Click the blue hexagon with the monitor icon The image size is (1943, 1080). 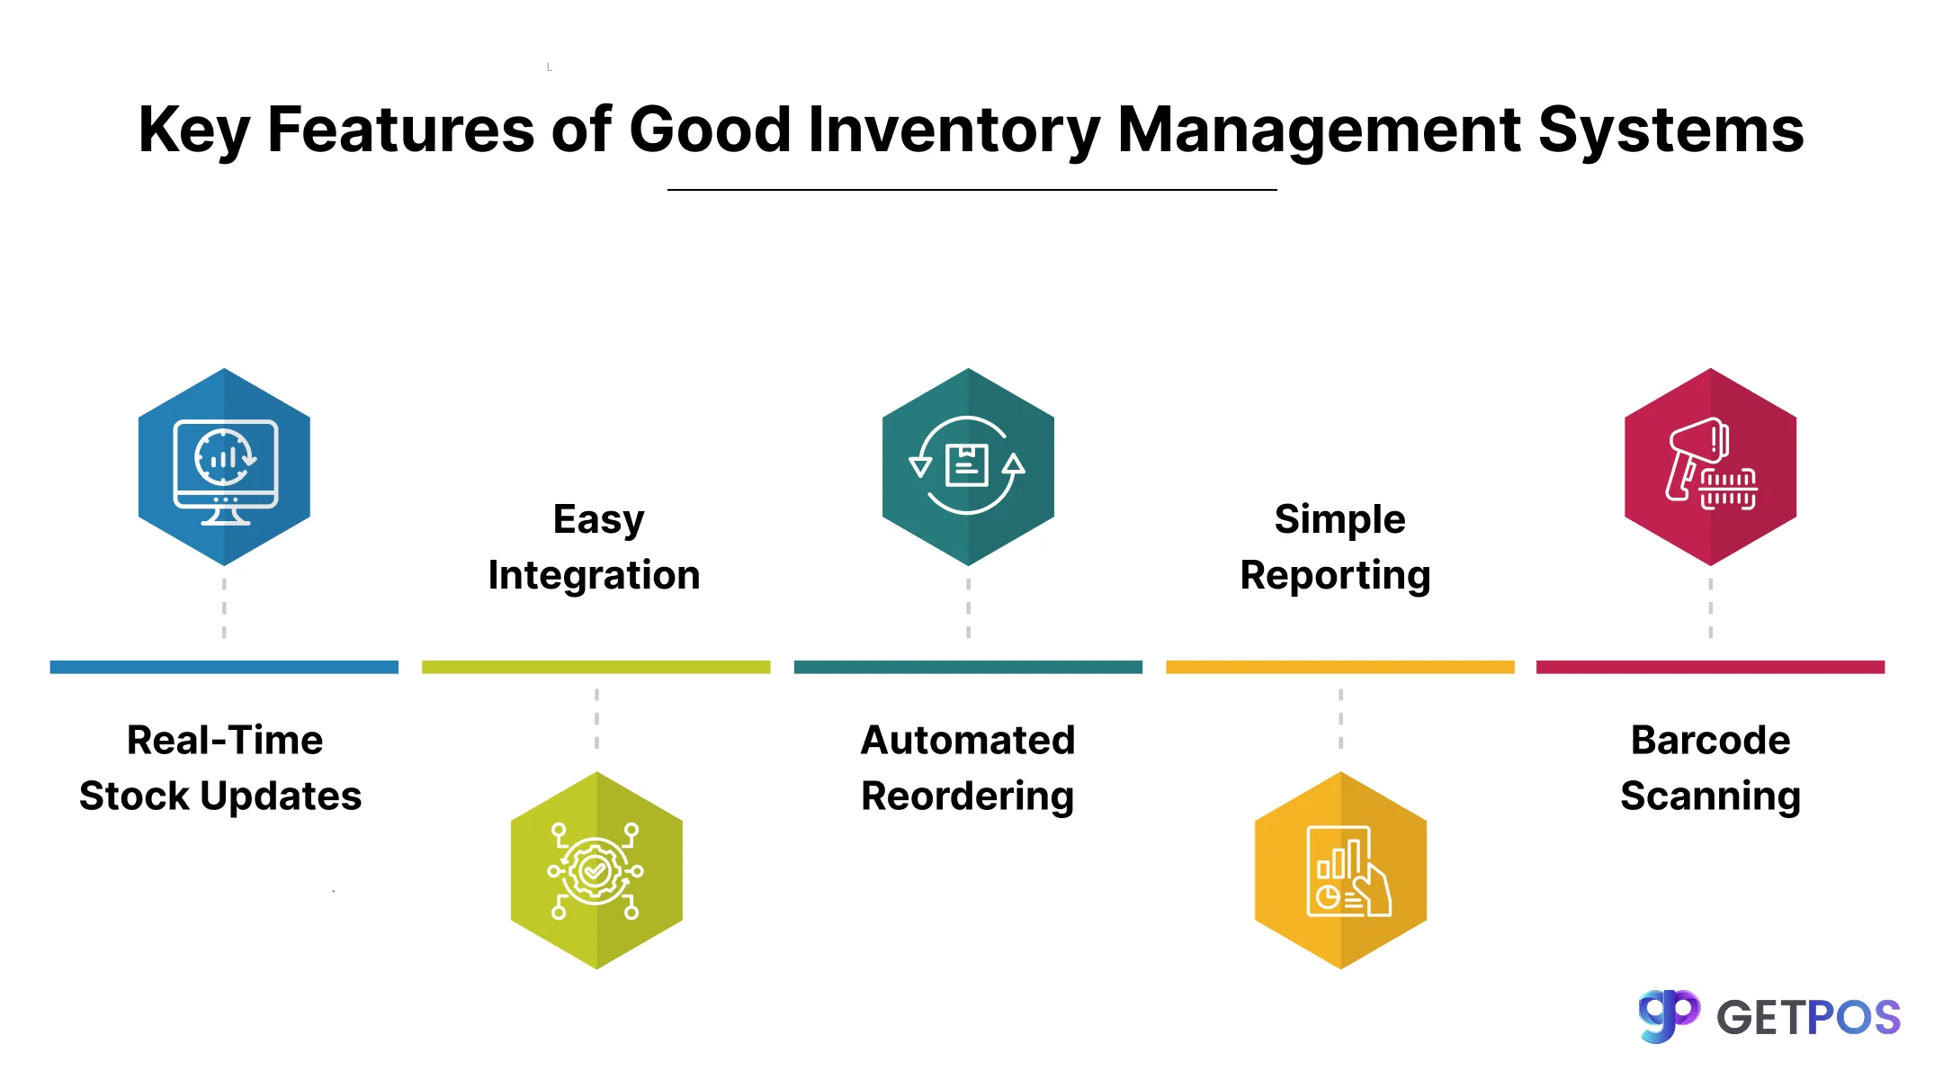224,466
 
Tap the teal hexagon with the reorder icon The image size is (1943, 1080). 968,466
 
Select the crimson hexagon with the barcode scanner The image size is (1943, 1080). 1710,466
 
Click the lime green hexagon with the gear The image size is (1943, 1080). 596,870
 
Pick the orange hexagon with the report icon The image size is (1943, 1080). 1340,870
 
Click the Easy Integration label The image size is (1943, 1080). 595,547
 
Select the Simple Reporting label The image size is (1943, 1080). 1336,547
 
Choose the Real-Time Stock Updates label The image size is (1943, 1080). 221,769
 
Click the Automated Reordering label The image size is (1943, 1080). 968,769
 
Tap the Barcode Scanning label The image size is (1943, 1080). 1710,769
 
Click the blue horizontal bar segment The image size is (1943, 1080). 224,667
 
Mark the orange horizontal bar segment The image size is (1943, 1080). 1340,667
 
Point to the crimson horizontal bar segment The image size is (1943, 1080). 1710,667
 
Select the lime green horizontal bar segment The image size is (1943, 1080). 596,667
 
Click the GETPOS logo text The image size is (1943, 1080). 1808,1018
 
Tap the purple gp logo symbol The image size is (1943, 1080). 1669,1016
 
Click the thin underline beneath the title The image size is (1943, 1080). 971,190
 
